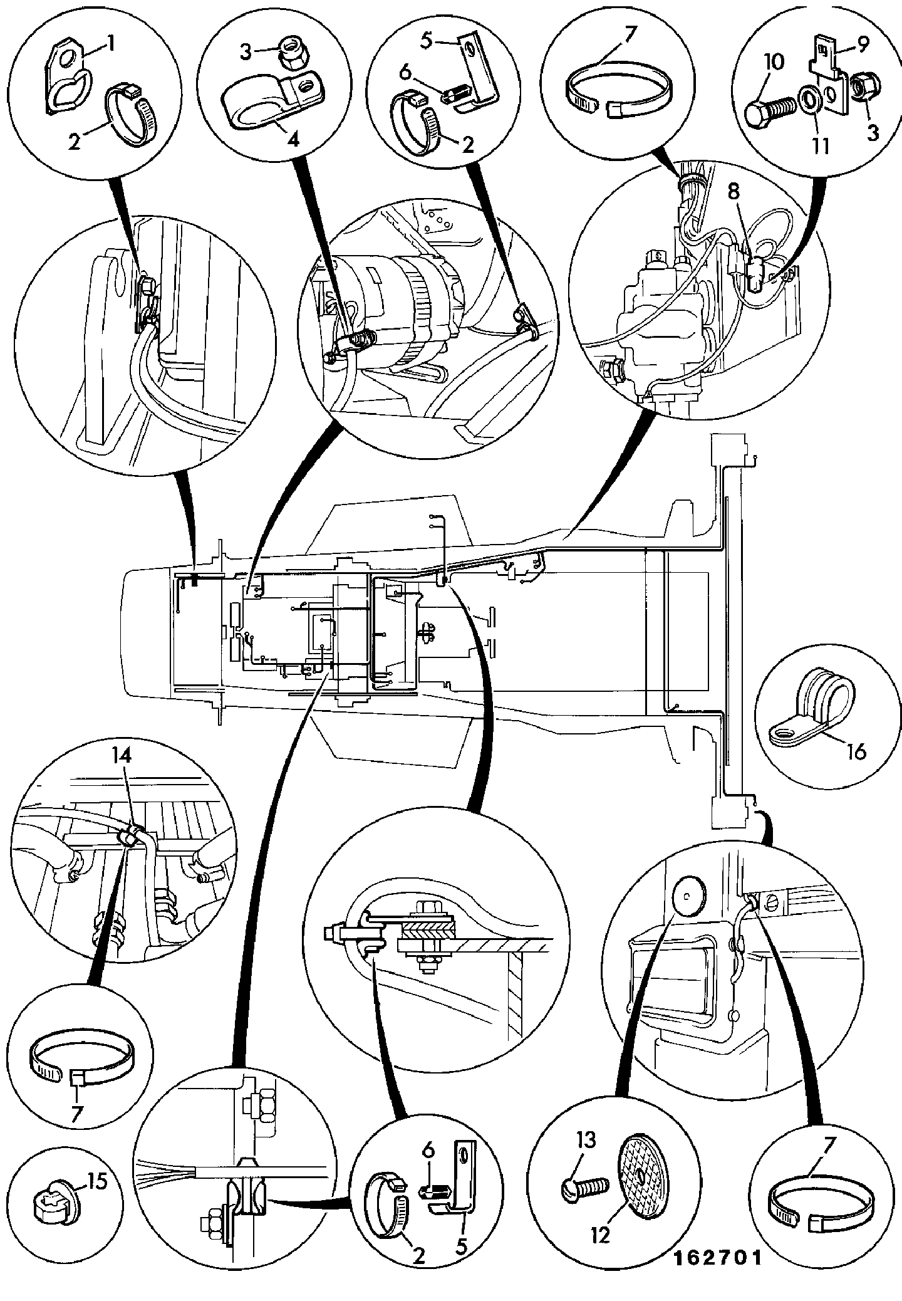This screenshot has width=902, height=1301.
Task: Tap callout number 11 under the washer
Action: point(821,147)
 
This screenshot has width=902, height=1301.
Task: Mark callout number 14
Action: point(123,757)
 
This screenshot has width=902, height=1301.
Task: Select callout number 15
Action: point(98,1182)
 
